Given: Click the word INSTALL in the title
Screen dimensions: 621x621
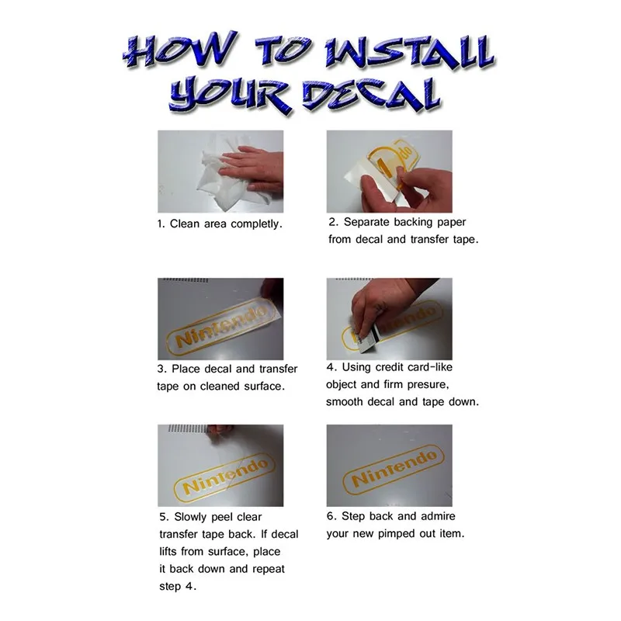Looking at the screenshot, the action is pyautogui.click(x=409, y=53).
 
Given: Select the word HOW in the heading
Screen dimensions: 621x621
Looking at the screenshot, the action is pyautogui.click(x=180, y=50).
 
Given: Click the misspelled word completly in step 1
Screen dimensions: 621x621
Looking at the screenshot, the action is pyautogui.click(x=256, y=224).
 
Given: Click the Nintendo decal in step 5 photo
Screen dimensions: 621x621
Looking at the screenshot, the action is pyautogui.click(x=224, y=477).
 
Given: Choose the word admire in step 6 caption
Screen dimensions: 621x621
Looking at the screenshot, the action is pyautogui.click(x=438, y=516).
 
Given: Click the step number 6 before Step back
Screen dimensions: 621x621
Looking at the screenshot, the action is pyautogui.click(x=331, y=516).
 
